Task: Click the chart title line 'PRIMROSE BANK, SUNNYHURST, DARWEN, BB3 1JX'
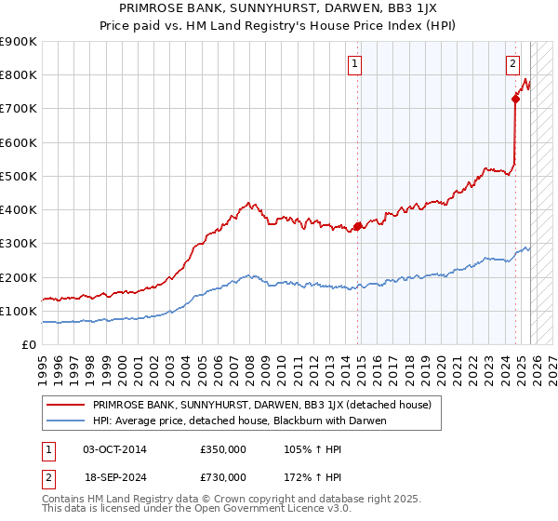(x=279, y=8)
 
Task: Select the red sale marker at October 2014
(x=358, y=225)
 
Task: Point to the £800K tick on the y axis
(x=20, y=74)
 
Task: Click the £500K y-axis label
(x=20, y=176)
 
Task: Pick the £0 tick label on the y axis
(x=30, y=344)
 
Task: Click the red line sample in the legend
(x=67, y=406)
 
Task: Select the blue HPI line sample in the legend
(x=67, y=421)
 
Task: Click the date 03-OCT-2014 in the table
(x=114, y=449)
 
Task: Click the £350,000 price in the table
(x=223, y=449)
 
